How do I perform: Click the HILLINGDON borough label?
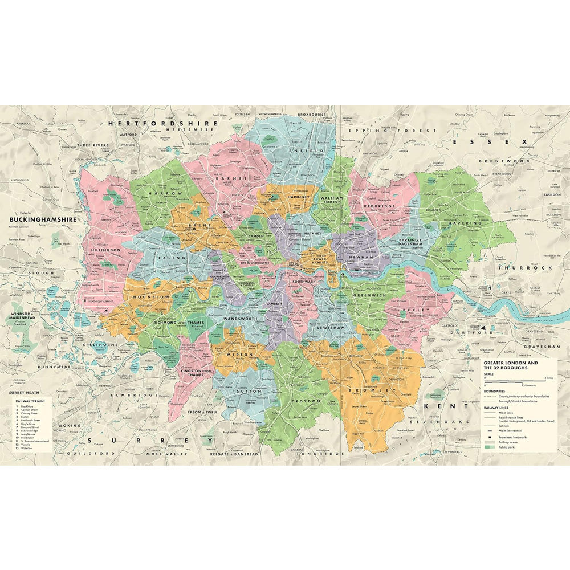105,250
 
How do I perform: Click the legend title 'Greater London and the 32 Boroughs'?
510,365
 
